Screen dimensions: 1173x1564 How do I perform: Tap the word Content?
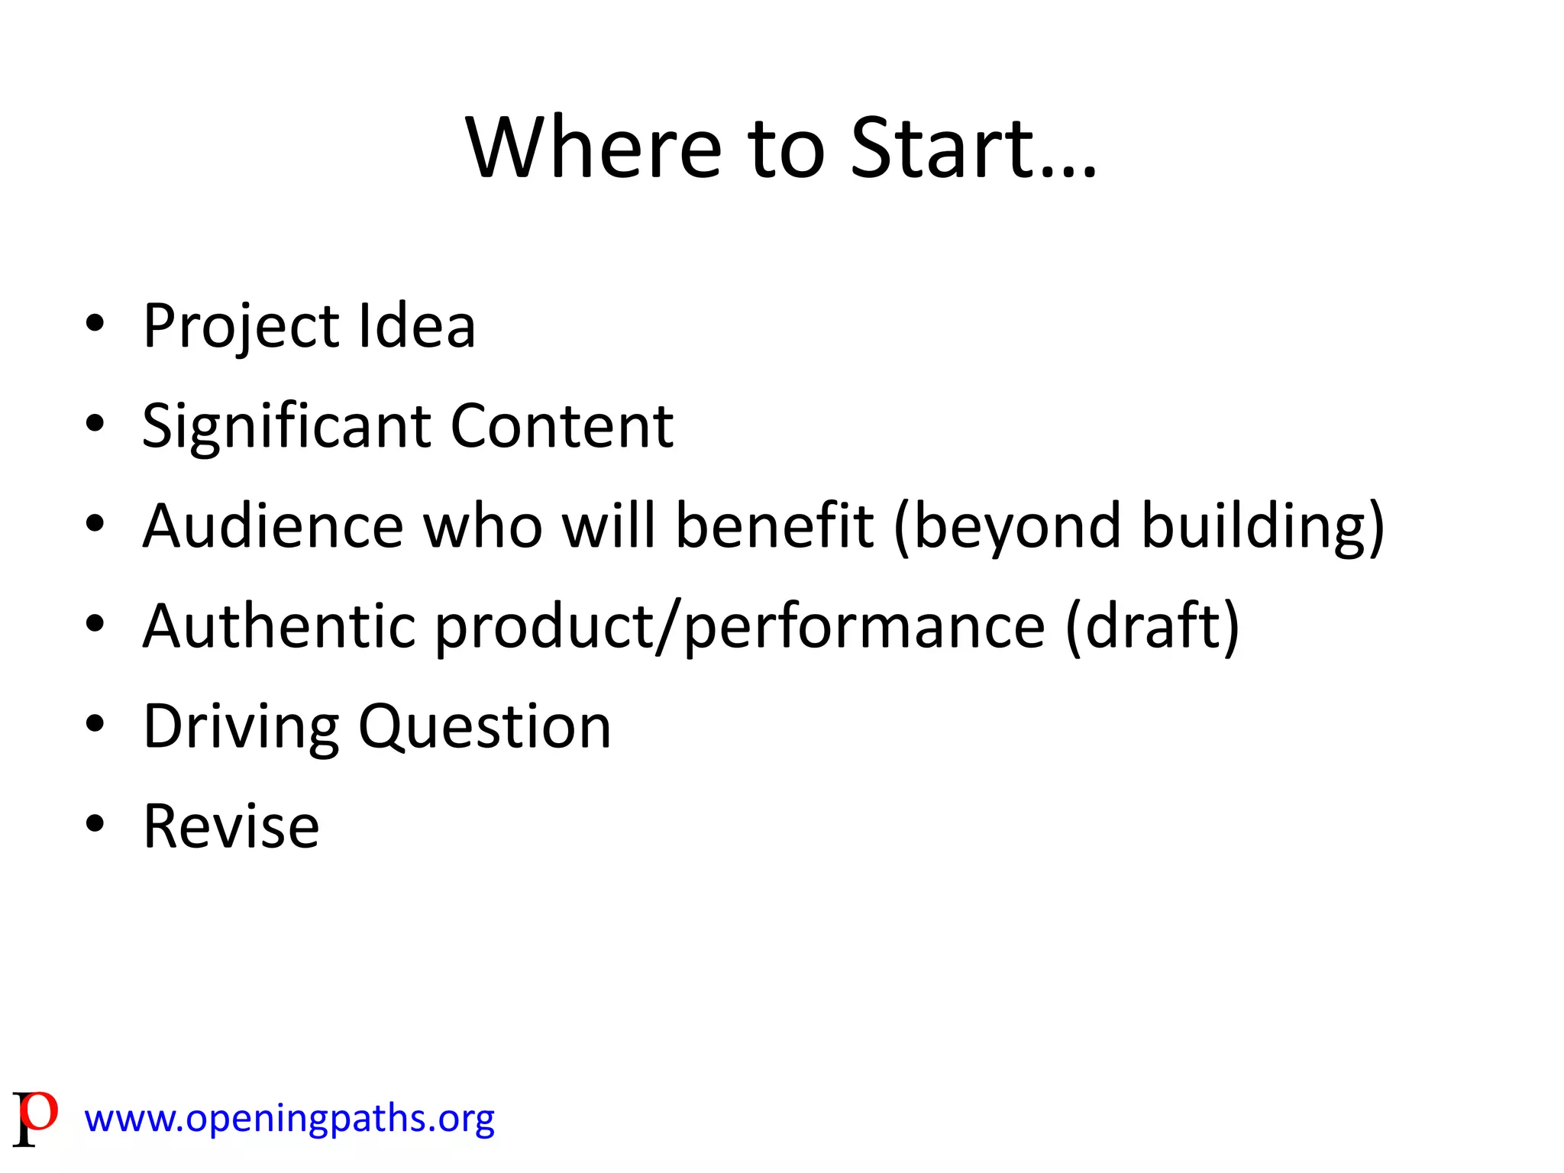coord(562,426)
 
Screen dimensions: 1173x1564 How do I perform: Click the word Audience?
coord(273,526)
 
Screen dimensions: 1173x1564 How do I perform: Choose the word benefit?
coord(774,526)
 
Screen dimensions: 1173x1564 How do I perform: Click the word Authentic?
coord(279,626)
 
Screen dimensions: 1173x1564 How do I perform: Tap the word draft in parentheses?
coord(1152,626)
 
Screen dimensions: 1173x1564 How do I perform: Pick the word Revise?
coord(231,826)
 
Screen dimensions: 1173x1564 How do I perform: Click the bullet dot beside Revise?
coord(95,824)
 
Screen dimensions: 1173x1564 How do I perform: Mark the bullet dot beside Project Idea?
coord(95,324)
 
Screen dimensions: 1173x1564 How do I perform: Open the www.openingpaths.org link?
coord(289,1119)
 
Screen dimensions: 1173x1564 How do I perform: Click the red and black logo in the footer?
coord(35,1117)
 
